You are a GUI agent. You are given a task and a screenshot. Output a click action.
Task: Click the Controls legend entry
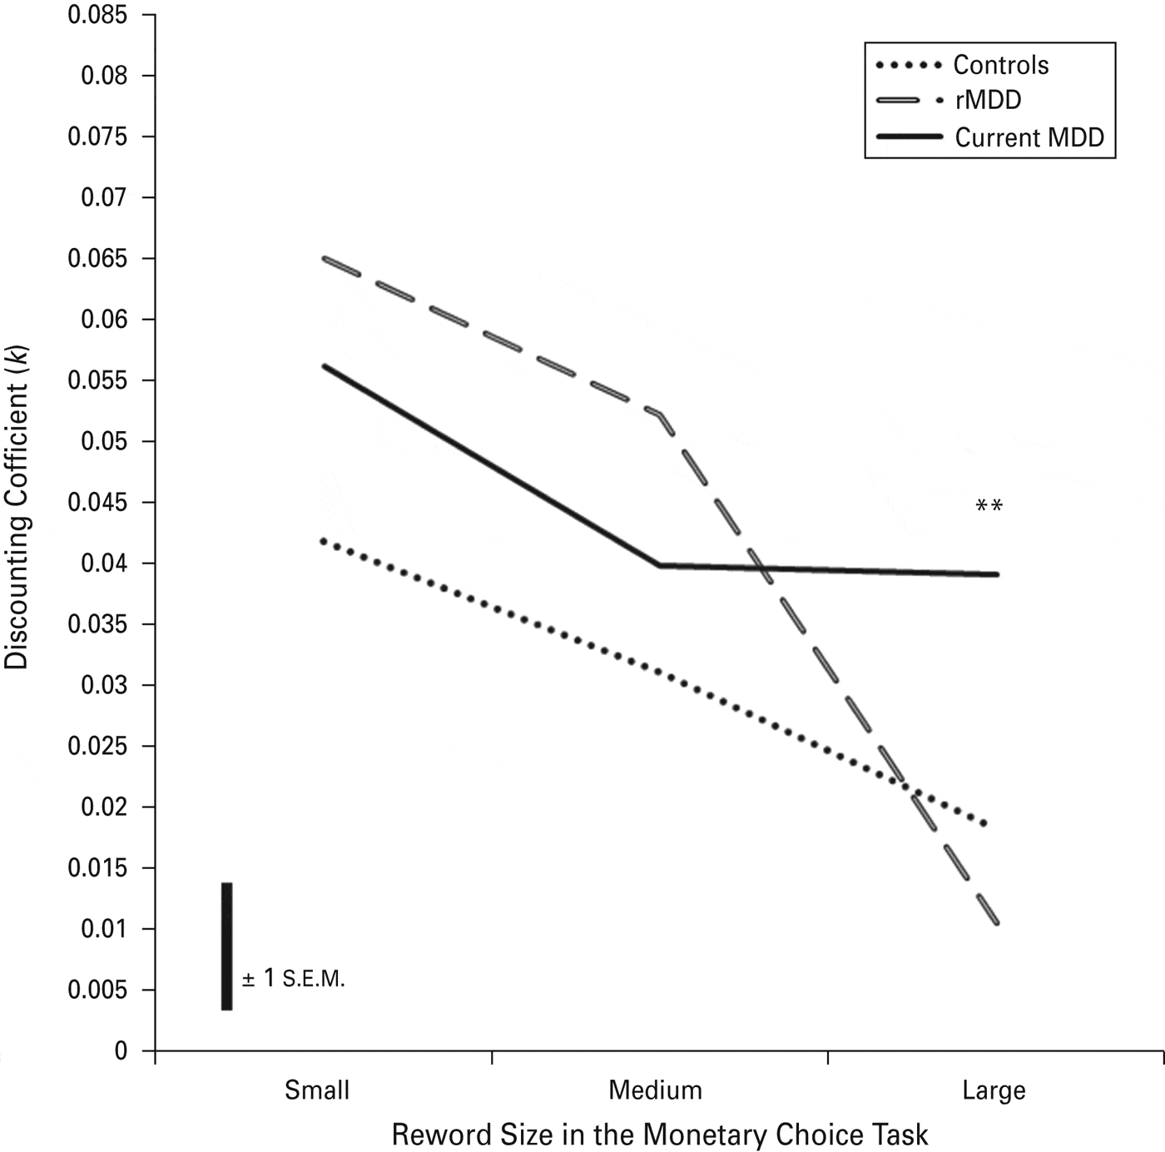[x=1000, y=65]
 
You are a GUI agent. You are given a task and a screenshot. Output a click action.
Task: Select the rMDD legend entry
[x=988, y=100]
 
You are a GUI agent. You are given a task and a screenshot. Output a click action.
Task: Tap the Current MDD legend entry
[x=1029, y=137]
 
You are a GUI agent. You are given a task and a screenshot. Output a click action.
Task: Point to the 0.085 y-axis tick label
[x=97, y=15]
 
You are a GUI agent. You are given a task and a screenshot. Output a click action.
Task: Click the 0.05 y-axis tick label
[x=104, y=441]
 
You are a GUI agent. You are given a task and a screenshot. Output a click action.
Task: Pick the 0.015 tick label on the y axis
[x=97, y=868]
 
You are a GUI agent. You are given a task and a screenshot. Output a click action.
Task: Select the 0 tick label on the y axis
[x=121, y=1051]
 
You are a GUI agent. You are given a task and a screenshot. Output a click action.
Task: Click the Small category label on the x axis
[x=316, y=1090]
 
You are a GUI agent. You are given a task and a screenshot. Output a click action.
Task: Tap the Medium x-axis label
[x=655, y=1090]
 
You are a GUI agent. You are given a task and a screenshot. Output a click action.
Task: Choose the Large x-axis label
[x=994, y=1090]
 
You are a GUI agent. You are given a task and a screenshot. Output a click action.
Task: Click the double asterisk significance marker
[x=989, y=506]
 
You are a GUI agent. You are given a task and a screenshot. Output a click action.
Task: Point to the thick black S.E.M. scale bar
[x=226, y=946]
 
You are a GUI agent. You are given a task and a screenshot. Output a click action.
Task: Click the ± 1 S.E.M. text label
[x=293, y=979]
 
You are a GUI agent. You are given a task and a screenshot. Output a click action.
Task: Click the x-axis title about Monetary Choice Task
[x=659, y=1135]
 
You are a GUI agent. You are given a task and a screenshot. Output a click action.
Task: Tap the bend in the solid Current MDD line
[x=659, y=565]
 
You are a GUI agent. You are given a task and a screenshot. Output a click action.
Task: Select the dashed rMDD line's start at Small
[x=325, y=259]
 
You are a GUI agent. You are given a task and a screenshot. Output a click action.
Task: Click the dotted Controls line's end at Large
[x=985, y=824]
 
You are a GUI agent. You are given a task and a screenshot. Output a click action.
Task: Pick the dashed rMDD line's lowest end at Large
[x=995, y=922]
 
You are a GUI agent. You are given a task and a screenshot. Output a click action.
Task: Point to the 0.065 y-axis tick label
[x=97, y=258]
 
